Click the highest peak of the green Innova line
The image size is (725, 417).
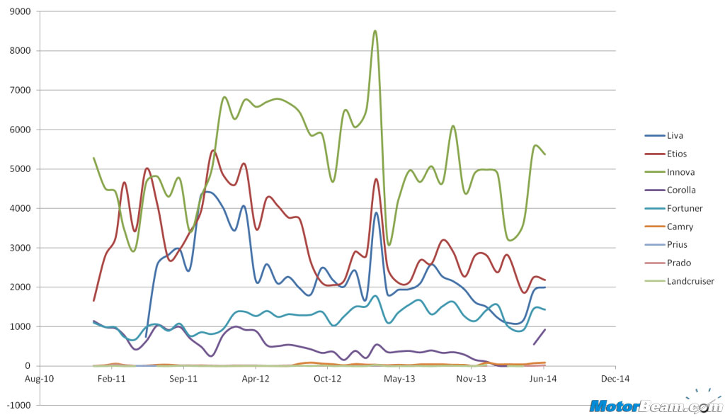375,31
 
